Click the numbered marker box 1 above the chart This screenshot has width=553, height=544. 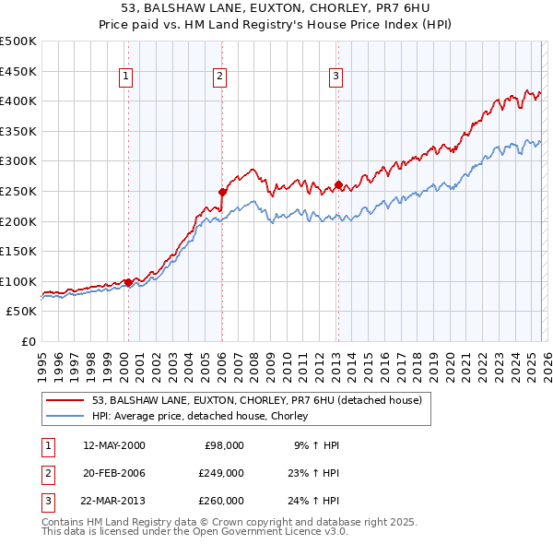pos(124,77)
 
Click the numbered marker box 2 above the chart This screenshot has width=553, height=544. pos(219,77)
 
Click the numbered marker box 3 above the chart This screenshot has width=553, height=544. pos(335,77)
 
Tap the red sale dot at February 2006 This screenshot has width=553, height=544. pos(222,192)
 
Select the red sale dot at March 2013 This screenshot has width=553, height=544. pos(337,185)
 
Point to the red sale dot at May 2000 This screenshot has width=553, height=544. pos(128,282)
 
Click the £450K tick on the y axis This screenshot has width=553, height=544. pos(18,71)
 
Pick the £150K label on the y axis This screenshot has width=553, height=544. pos(18,252)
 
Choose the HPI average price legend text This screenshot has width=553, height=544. pos(199,417)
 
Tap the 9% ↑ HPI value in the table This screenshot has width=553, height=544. pos(316,445)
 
